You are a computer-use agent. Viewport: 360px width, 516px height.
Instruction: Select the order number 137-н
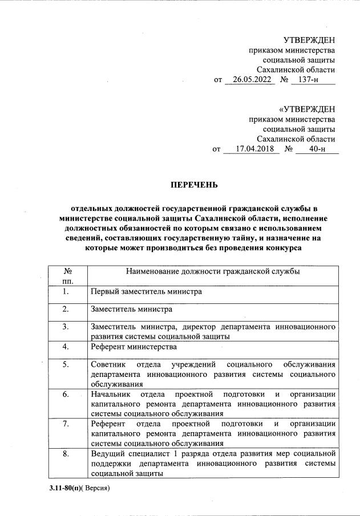point(305,80)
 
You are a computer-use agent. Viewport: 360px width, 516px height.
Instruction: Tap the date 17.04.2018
point(250,149)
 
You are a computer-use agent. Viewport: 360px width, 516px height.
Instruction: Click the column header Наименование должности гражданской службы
point(213,271)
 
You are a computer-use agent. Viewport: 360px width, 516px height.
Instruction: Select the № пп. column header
point(67,276)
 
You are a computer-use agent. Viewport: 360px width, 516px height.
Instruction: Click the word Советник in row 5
point(109,364)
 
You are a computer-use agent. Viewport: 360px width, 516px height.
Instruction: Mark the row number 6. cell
point(66,394)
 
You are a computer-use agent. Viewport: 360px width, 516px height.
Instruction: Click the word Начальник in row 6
point(111,394)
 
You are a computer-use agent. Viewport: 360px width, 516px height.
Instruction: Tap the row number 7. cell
point(66,424)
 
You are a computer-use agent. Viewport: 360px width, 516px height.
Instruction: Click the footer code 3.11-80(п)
point(62,489)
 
